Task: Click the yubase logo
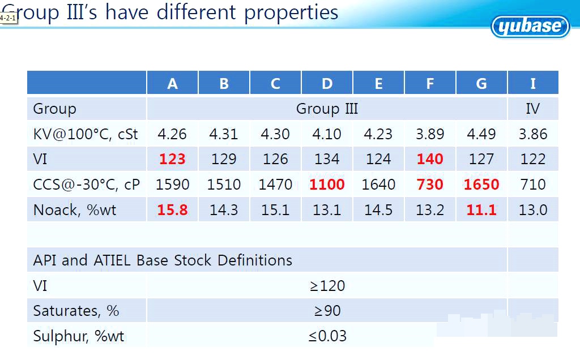pyautogui.click(x=530, y=26)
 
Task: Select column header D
pyautogui.click(x=327, y=84)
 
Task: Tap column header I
pyautogui.click(x=533, y=84)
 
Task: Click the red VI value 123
pyautogui.click(x=172, y=159)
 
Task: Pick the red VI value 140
pyautogui.click(x=430, y=159)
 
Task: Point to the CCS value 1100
pyautogui.click(x=327, y=184)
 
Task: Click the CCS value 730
pyautogui.click(x=430, y=184)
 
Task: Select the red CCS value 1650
pyautogui.click(x=481, y=184)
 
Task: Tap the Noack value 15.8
pyautogui.click(x=172, y=209)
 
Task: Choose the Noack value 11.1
pyautogui.click(x=481, y=209)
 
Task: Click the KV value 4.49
pyautogui.click(x=481, y=134)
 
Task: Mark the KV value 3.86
pyautogui.click(x=533, y=134)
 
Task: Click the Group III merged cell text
pyautogui.click(x=327, y=109)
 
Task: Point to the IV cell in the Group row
pyautogui.click(x=533, y=109)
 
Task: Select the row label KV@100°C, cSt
pyautogui.click(x=86, y=134)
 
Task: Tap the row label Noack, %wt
pyautogui.click(x=75, y=210)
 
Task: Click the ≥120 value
pyautogui.click(x=327, y=286)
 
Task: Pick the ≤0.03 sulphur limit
pyautogui.click(x=327, y=336)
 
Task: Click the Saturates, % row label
pyautogui.click(x=76, y=311)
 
